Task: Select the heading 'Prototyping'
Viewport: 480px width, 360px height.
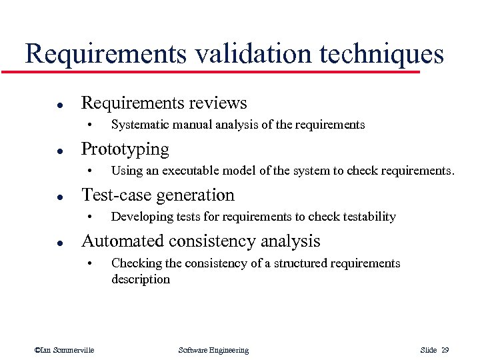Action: tap(125, 149)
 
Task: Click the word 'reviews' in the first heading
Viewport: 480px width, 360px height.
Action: tap(217, 103)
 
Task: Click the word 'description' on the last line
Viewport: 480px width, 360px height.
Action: tap(141, 279)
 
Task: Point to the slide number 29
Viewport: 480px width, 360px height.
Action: tap(445, 351)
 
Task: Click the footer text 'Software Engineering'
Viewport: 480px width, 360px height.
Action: tap(213, 351)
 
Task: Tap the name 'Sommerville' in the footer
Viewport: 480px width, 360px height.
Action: tap(73, 351)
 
